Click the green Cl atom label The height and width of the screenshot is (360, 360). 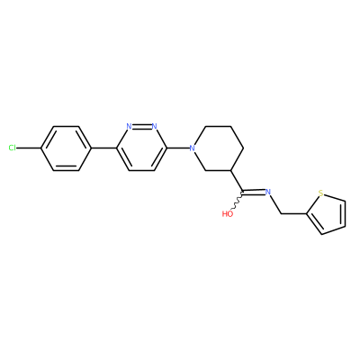(x=13, y=148)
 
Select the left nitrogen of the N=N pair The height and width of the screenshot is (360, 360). (x=129, y=126)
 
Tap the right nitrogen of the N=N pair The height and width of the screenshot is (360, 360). (x=155, y=126)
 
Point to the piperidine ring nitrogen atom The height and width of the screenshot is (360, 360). (x=193, y=148)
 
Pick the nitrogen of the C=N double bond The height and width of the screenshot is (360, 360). (x=268, y=192)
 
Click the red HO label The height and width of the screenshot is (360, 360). (x=228, y=214)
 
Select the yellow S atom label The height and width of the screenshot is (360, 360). (x=321, y=193)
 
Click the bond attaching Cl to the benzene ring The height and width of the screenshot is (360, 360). (x=29, y=148)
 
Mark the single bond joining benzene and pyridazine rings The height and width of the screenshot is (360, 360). (x=103, y=148)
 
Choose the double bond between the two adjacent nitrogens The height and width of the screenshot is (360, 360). (x=142, y=126)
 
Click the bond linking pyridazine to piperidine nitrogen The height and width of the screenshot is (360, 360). (x=178, y=148)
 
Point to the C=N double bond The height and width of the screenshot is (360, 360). (x=254, y=192)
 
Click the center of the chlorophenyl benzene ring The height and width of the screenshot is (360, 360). (x=66, y=148)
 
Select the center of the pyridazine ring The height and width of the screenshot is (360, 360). (x=142, y=148)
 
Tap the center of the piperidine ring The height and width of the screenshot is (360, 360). (x=218, y=148)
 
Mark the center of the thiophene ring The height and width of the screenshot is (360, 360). (x=328, y=212)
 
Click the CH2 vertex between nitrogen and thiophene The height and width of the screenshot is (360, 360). (x=281, y=214)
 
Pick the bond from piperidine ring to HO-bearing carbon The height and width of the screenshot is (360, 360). (x=237, y=181)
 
